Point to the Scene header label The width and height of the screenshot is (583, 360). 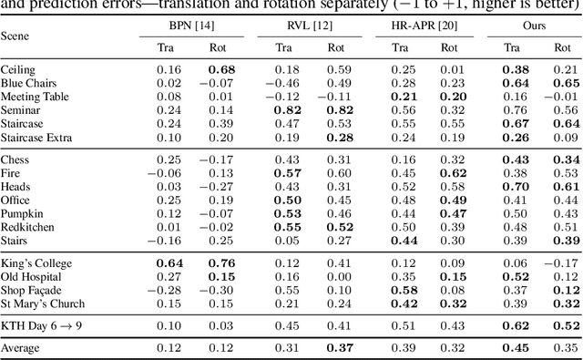tap(15, 36)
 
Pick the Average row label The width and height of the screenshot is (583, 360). tap(22, 347)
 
